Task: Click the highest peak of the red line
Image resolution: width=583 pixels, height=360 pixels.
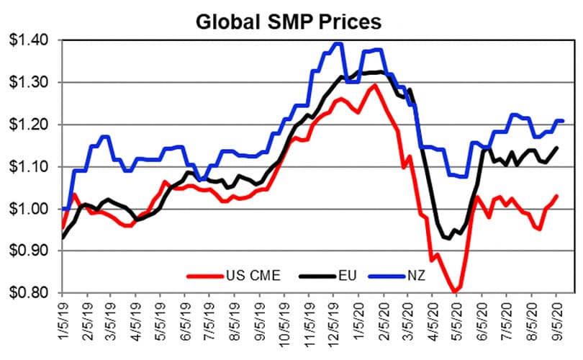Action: point(374,86)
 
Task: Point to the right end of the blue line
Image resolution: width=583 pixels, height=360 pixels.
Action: point(561,120)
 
